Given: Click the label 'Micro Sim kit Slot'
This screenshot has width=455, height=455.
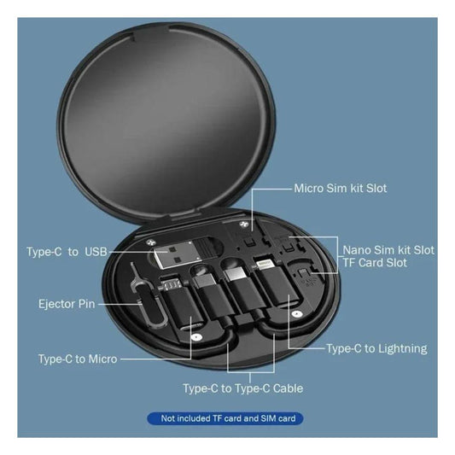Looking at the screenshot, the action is click(x=340, y=189).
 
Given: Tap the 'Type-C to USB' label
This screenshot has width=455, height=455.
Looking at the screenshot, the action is click(x=67, y=252).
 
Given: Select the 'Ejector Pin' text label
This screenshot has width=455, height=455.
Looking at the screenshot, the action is click(x=67, y=304).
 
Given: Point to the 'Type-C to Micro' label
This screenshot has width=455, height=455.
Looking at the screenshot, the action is click(x=78, y=359).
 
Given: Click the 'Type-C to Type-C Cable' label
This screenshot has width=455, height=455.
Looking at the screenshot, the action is click(x=243, y=388).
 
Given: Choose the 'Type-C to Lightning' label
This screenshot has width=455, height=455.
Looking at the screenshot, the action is click(x=376, y=348).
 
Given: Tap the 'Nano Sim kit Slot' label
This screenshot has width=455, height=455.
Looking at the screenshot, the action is click(x=388, y=250).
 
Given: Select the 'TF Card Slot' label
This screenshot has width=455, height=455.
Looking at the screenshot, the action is click(x=375, y=263).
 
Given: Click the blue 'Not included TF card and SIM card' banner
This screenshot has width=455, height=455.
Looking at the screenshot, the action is click(x=225, y=418).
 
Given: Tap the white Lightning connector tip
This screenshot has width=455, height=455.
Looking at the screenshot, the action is click(x=265, y=265).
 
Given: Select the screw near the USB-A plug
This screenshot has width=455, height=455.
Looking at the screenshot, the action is click(x=150, y=242).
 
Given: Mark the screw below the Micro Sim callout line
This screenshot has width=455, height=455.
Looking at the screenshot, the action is click(x=243, y=224).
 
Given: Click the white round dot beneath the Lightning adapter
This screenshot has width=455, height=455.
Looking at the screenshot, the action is click(x=296, y=313).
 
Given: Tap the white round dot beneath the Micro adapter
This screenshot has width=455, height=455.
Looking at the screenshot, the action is click(x=196, y=337).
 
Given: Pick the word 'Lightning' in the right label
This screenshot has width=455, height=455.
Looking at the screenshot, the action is click(x=403, y=348).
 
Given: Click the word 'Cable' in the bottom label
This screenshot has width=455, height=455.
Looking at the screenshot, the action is click(x=288, y=388).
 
